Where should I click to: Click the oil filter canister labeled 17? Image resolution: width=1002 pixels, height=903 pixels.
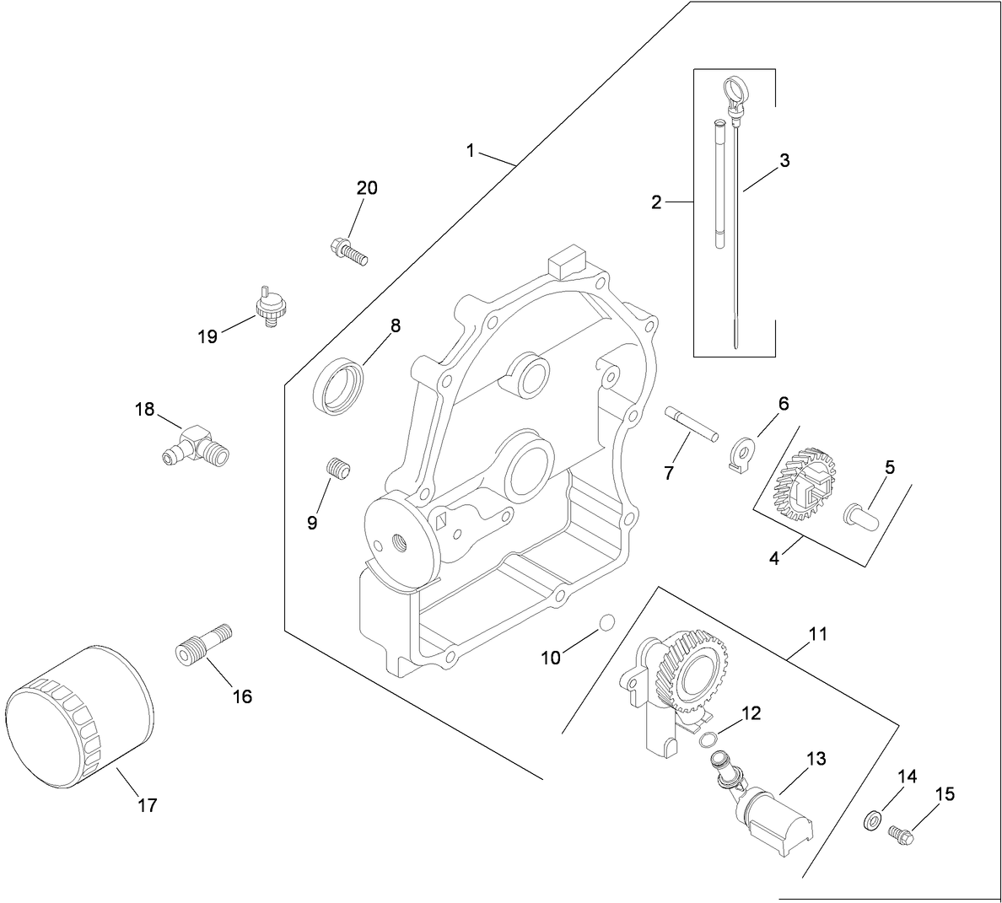(x=80, y=717)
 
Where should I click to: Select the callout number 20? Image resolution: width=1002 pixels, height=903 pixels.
(x=367, y=188)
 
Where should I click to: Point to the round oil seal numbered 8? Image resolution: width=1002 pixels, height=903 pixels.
(x=342, y=385)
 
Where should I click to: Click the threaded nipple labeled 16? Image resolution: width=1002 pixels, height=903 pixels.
(x=205, y=646)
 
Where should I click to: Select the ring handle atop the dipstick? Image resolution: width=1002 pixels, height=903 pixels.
(x=735, y=89)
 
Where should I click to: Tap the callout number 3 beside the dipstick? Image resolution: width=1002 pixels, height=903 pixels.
(x=784, y=160)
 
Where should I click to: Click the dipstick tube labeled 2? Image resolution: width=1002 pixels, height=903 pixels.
(x=719, y=185)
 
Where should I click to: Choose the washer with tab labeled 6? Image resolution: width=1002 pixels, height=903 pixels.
(x=741, y=452)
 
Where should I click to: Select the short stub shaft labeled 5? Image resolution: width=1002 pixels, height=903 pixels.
(x=861, y=513)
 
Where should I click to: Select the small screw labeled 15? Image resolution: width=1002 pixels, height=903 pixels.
(x=901, y=834)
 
